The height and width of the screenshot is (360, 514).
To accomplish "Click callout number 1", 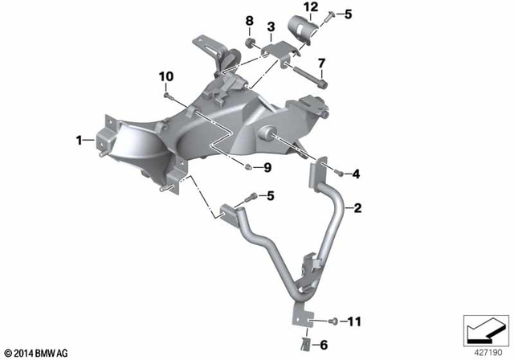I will [x=80, y=141].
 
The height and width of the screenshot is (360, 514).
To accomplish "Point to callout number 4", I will [x=357, y=173].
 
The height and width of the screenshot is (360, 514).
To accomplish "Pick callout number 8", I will [x=248, y=20].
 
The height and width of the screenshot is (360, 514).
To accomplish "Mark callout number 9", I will [x=268, y=168].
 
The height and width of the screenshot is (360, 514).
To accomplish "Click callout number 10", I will [x=166, y=76].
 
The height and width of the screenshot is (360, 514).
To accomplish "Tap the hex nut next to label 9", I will [x=250, y=167].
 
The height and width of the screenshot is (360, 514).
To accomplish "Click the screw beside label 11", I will [x=333, y=321].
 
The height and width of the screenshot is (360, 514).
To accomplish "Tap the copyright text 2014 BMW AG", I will [x=38, y=352].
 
